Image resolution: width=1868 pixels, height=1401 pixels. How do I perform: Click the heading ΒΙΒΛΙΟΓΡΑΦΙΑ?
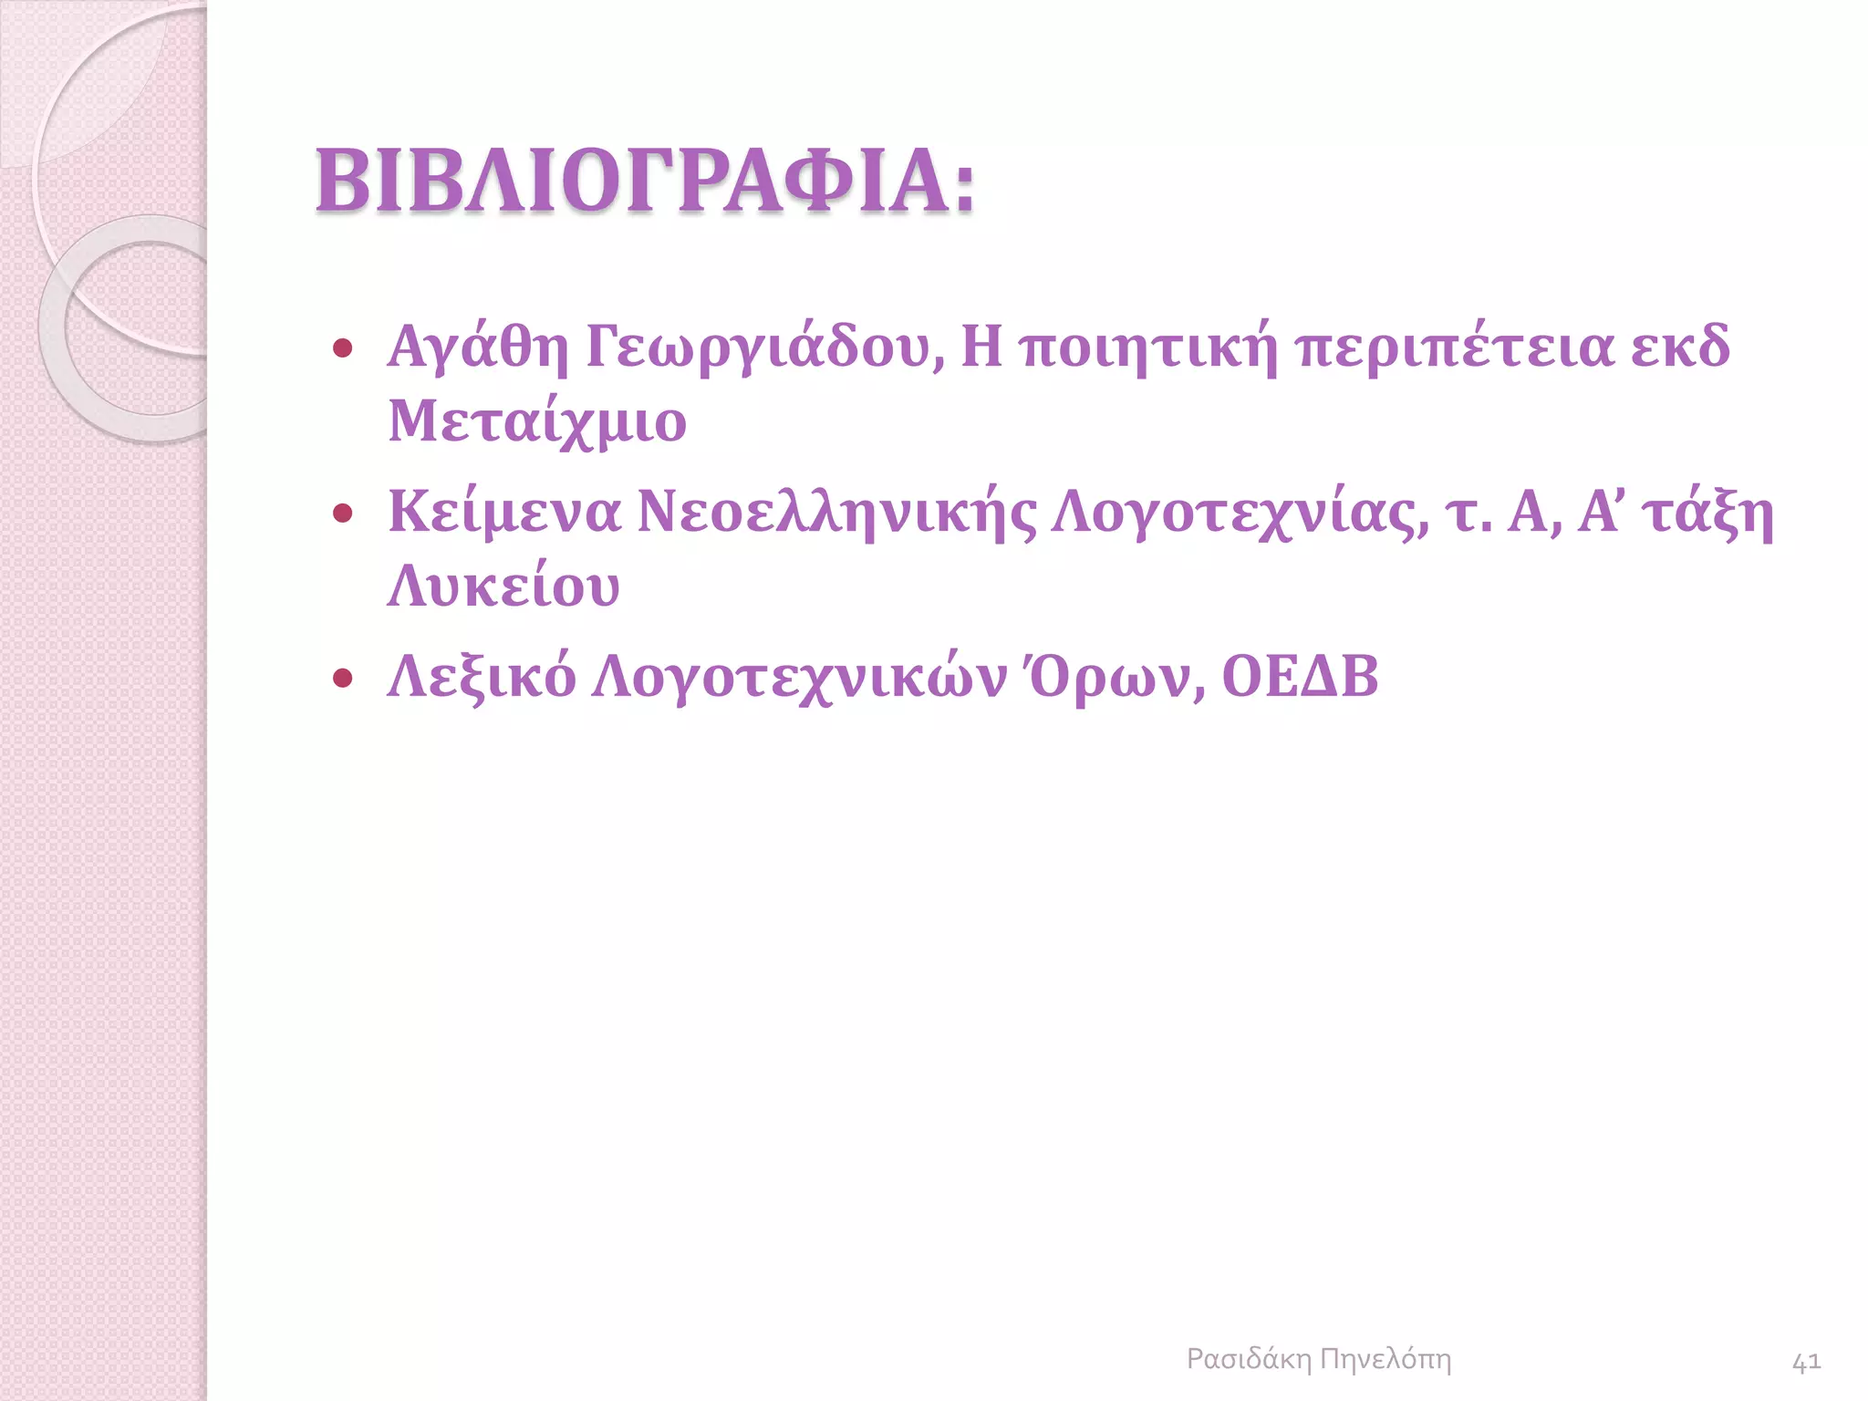645,182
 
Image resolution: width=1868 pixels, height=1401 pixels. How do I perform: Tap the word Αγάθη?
478,348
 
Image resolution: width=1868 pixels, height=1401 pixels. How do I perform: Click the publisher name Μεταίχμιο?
537,421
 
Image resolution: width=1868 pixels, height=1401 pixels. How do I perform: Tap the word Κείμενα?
504,512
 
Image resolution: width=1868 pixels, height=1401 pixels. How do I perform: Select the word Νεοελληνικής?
836,512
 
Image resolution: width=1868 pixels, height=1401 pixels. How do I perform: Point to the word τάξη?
1707,512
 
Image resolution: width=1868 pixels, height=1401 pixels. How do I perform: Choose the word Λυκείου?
503,586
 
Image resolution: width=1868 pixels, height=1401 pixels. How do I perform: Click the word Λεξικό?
482,677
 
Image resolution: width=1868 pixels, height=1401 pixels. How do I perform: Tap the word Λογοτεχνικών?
799,677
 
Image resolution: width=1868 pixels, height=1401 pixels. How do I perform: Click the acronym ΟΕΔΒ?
1300,677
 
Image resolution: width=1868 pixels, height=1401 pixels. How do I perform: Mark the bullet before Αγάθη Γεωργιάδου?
343,348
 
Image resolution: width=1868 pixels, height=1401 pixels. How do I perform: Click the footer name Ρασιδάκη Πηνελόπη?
1318,1359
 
